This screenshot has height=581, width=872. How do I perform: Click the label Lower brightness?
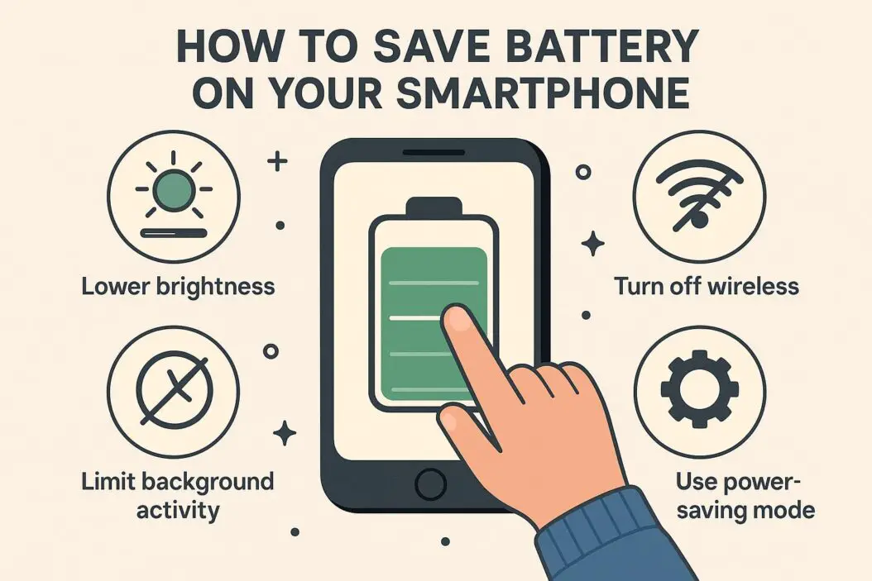[x=177, y=287]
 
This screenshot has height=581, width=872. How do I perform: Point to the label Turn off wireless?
[x=706, y=287]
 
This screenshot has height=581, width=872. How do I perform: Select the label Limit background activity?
[x=177, y=494]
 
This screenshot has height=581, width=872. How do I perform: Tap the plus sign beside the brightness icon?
[x=278, y=161]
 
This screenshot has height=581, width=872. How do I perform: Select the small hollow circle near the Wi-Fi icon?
[x=583, y=172]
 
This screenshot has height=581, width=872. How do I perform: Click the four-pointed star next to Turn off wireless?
[x=592, y=243]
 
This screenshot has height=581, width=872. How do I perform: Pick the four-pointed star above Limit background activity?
[x=285, y=433]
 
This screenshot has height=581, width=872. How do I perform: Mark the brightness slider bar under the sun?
[x=175, y=233]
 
